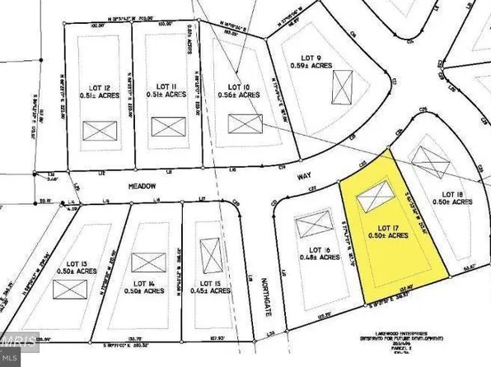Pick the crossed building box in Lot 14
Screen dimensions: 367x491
coord(148,262)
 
